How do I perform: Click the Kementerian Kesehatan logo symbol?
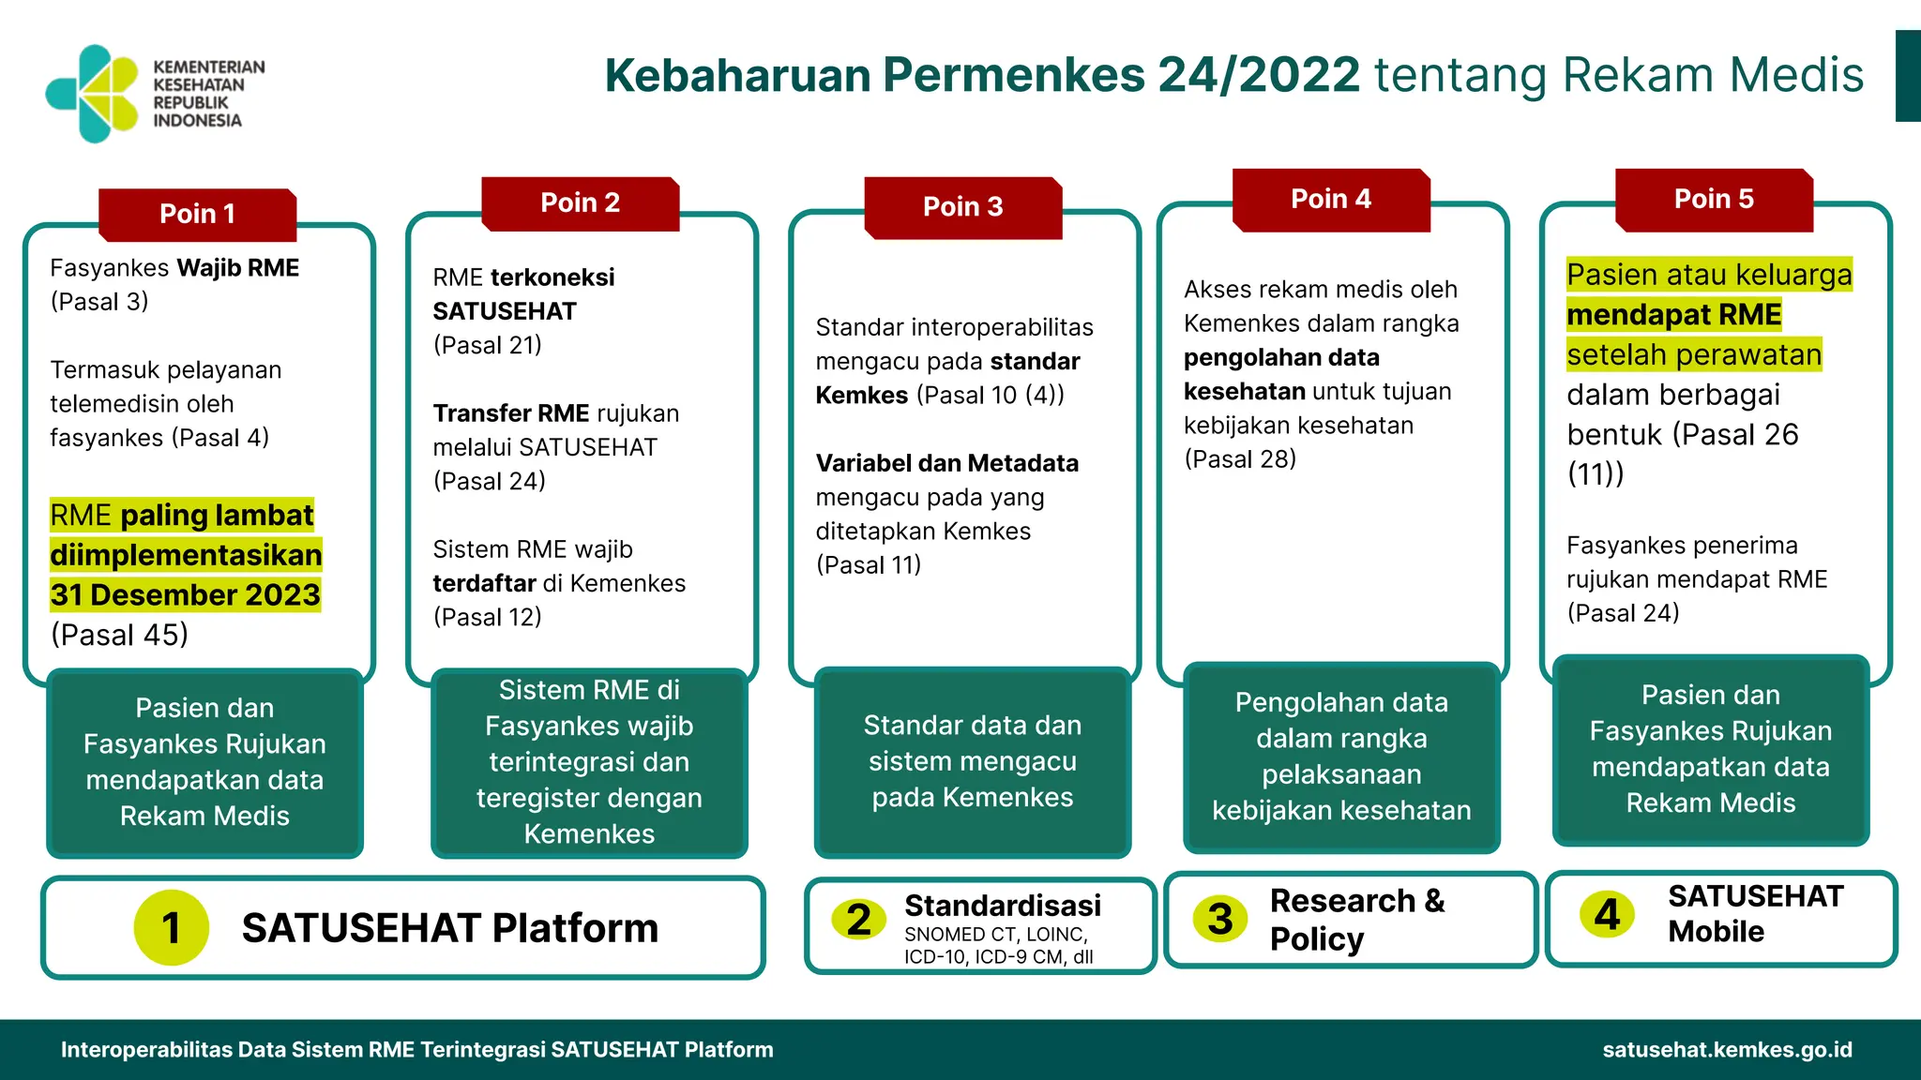[93, 94]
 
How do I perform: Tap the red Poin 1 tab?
[197, 214]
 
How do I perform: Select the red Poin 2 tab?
[580, 202]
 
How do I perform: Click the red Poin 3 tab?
[962, 206]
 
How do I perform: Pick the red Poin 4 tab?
[1330, 199]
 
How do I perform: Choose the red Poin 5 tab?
[1713, 199]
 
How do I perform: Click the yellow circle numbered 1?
[171, 927]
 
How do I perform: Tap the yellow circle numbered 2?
[858, 920]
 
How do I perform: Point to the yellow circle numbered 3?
[1219, 919]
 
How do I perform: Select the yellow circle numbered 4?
[1607, 914]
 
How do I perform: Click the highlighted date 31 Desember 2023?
[185, 595]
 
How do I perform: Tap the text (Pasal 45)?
[119, 635]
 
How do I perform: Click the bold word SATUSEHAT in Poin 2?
[505, 311]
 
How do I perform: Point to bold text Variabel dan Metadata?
[946, 463]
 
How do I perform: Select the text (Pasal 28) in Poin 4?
[1239, 459]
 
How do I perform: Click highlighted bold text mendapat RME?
[1673, 315]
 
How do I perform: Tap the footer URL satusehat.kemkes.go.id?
[1727, 1049]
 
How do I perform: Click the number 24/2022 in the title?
[1259, 75]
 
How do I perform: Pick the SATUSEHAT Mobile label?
[1754, 914]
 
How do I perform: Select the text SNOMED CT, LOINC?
[995, 935]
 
